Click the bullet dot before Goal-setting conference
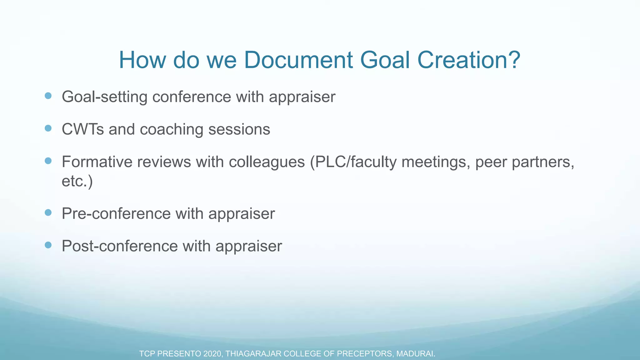tap(48, 96)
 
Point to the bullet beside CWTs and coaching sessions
tap(48, 128)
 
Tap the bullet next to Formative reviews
tap(48, 161)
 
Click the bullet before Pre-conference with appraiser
tap(48, 212)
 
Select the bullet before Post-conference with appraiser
tap(48, 245)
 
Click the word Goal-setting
tap(104, 97)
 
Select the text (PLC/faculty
tap(353, 162)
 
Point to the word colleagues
tap(267, 162)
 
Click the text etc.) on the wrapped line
tap(77, 181)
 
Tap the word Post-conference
tap(120, 246)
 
